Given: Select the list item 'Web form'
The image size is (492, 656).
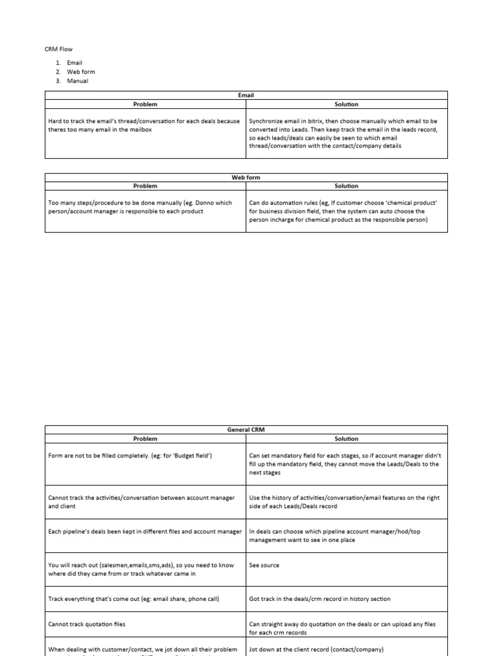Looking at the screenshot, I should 81,72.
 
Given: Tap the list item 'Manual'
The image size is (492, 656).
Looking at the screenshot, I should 78,81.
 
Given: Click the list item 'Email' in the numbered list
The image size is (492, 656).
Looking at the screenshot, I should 74,63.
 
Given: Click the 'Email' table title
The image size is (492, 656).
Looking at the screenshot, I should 246,95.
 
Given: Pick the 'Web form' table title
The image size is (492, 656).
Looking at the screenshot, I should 246,177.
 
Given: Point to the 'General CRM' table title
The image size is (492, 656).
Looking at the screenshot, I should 246,430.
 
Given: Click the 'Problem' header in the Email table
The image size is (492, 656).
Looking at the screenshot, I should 145,104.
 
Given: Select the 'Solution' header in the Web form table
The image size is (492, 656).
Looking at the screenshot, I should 347,186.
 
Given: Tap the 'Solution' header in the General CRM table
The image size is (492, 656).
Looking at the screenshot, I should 347,439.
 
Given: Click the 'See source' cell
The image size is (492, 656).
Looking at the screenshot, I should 264,565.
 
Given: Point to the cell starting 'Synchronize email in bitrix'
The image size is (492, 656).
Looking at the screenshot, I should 344,133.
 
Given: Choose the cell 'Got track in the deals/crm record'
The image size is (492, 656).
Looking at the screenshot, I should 319,599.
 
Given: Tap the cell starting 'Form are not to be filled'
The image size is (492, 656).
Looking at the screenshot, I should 130,455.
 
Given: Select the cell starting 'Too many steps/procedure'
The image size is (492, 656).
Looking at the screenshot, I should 140,207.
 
